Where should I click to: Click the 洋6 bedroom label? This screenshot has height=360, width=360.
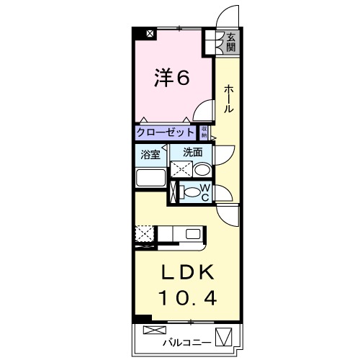tap(172, 78)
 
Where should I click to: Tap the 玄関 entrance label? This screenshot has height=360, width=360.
tap(230, 42)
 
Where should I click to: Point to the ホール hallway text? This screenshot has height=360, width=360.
tap(228, 98)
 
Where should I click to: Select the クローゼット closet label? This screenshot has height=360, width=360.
tap(166, 132)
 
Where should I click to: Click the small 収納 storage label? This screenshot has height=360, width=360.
tap(204, 132)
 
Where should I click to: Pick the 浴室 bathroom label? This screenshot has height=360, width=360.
tap(150, 153)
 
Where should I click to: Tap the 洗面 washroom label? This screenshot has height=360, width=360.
tap(192, 152)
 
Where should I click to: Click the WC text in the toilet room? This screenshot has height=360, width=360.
tap(204, 192)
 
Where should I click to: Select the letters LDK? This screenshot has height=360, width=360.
tap(186, 272)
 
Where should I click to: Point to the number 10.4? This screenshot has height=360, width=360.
tap(186, 295)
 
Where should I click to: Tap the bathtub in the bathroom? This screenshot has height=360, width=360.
tap(150, 180)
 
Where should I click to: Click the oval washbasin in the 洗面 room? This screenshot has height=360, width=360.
tap(202, 170)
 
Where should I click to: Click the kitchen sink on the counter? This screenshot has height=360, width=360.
tap(193, 234)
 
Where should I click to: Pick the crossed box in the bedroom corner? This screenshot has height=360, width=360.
tap(149, 33)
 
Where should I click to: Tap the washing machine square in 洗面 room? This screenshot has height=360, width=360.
tap(181, 170)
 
